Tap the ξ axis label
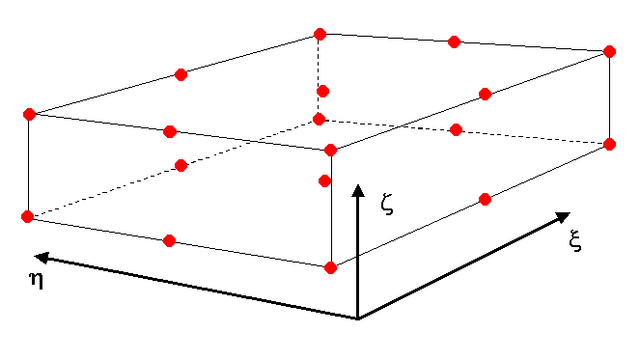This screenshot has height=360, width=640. (x=575, y=241)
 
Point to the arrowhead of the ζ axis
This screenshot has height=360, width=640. (x=358, y=188)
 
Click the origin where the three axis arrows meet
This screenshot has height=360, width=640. (x=358, y=318)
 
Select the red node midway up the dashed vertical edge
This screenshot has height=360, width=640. (x=323, y=91)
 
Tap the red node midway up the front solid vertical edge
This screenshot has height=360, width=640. (x=325, y=180)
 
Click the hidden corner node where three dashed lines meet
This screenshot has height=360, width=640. (x=320, y=120)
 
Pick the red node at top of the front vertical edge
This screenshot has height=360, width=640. (x=330, y=150)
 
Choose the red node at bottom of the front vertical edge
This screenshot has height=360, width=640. (x=330, y=267)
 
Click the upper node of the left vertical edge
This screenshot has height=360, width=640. (x=29, y=114)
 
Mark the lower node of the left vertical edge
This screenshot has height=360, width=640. (x=28, y=216)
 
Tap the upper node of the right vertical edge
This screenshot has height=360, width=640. (x=609, y=51)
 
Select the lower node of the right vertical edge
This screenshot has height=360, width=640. (x=609, y=144)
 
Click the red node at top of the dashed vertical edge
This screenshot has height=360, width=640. (x=320, y=35)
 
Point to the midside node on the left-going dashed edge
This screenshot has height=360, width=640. (x=181, y=165)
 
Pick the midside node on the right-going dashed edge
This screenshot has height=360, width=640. (x=457, y=129)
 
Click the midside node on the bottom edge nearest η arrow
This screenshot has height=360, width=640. (x=169, y=240)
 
